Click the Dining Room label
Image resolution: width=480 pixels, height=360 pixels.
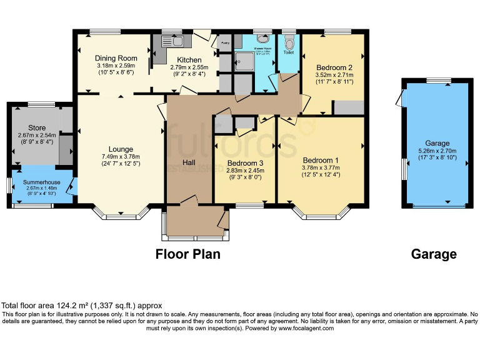coord(112,58)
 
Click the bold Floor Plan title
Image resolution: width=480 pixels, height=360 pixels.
coord(187,254)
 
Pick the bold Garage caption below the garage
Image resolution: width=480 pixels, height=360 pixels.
coord(434,254)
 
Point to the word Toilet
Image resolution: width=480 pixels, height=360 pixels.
coord(288,53)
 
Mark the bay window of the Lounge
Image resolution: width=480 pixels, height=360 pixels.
coord(120,214)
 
